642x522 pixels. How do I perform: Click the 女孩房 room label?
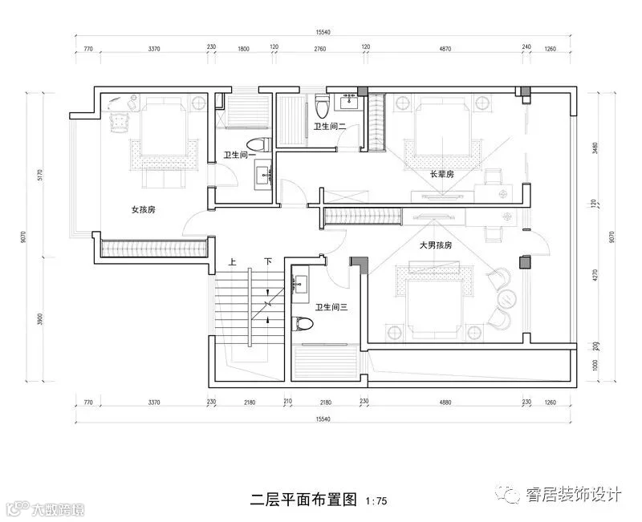tap(143, 209)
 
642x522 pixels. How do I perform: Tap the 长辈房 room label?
tap(442, 174)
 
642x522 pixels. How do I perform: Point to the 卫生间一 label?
tap(238, 156)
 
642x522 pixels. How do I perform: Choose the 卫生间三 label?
tap(331, 307)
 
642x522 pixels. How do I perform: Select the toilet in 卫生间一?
tap(256, 144)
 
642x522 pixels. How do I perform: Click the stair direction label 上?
tap(232, 261)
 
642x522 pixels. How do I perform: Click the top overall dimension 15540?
tap(323, 32)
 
